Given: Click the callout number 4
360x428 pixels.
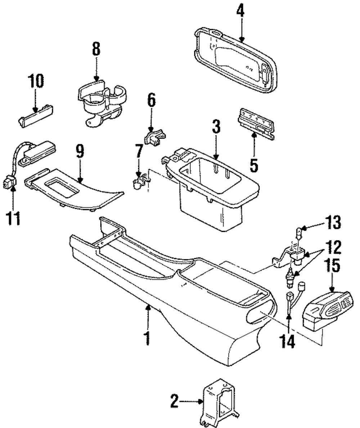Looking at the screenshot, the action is coord(240,12).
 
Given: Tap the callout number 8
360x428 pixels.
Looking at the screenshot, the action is coord(96,49).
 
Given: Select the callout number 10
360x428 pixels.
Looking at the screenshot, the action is coord(36,81).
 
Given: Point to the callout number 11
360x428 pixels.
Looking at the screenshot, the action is coord(13,218).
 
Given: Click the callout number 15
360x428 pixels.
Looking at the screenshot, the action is coord(332,265).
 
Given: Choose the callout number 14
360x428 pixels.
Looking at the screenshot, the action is coord(287,342).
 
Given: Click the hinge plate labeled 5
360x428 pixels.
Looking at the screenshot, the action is coord(256,124).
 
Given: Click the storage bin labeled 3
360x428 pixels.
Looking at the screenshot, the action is coord(212,188).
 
